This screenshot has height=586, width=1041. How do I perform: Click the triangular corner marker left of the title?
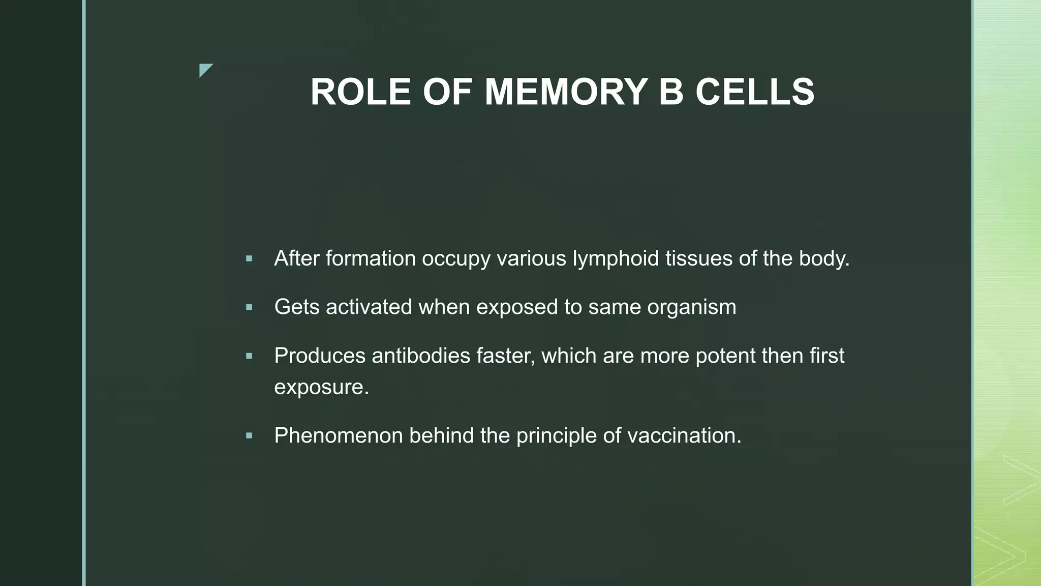pos(205,70)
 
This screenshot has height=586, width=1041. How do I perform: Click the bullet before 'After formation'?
pos(249,259)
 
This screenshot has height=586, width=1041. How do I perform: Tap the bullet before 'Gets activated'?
pos(249,307)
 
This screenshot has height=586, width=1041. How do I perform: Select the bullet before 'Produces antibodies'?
pos(249,356)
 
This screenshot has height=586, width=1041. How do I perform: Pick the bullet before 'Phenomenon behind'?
pos(249,436)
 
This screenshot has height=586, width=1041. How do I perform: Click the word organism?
pos(691,308)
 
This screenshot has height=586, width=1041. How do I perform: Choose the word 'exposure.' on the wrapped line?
pos(321,388)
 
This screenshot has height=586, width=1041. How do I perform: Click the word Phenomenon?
pos(338,436)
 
